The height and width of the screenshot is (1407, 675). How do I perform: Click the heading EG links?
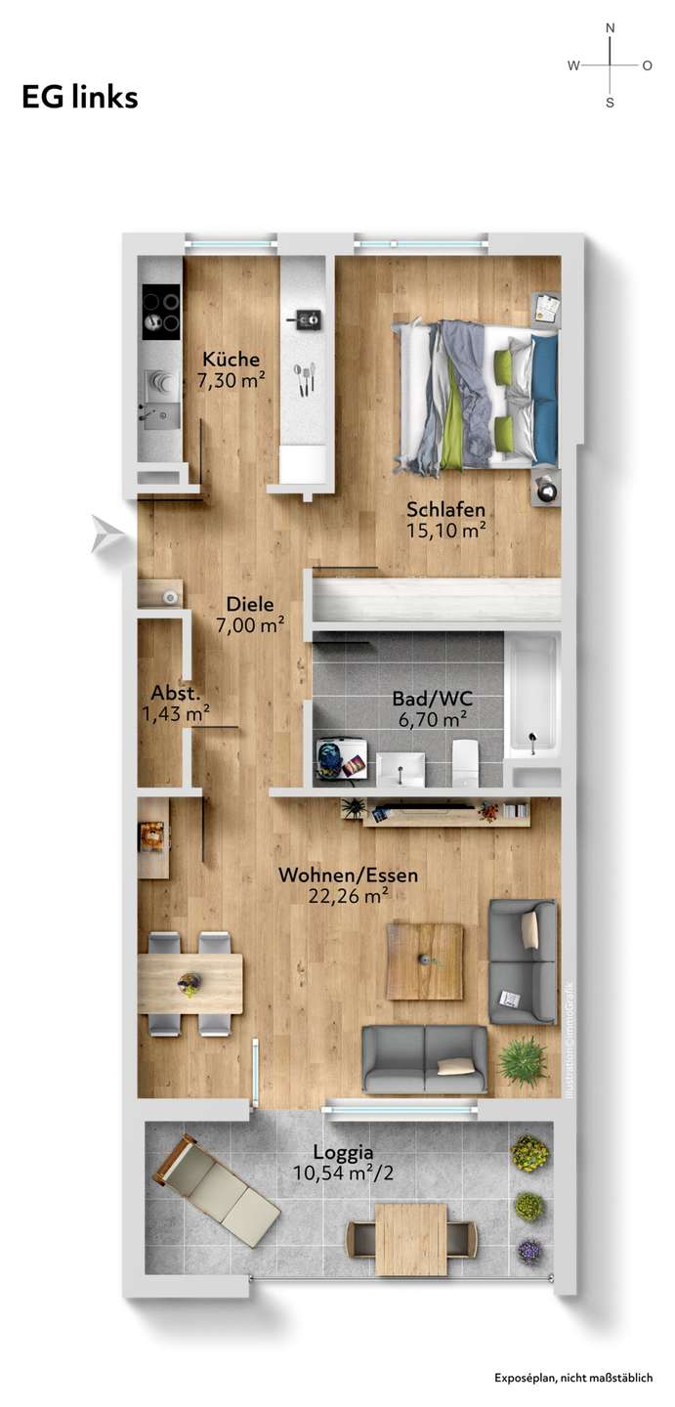point(80,98)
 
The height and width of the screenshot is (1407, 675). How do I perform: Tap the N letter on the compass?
point(611,28)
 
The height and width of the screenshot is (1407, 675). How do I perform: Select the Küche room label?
point(232,359)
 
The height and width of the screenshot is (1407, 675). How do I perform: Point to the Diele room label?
point(250,604)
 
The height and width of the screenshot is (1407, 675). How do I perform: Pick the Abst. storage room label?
point(176,693)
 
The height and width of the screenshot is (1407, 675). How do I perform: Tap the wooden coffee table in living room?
point(424,961)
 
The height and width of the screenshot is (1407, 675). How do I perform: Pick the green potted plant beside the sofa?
point(523,1060)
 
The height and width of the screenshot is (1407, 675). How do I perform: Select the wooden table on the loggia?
point(411,1239)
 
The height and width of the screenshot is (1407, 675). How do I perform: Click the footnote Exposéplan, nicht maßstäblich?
point(572,1378)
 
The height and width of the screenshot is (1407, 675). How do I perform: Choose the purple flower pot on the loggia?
point(529,1251)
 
